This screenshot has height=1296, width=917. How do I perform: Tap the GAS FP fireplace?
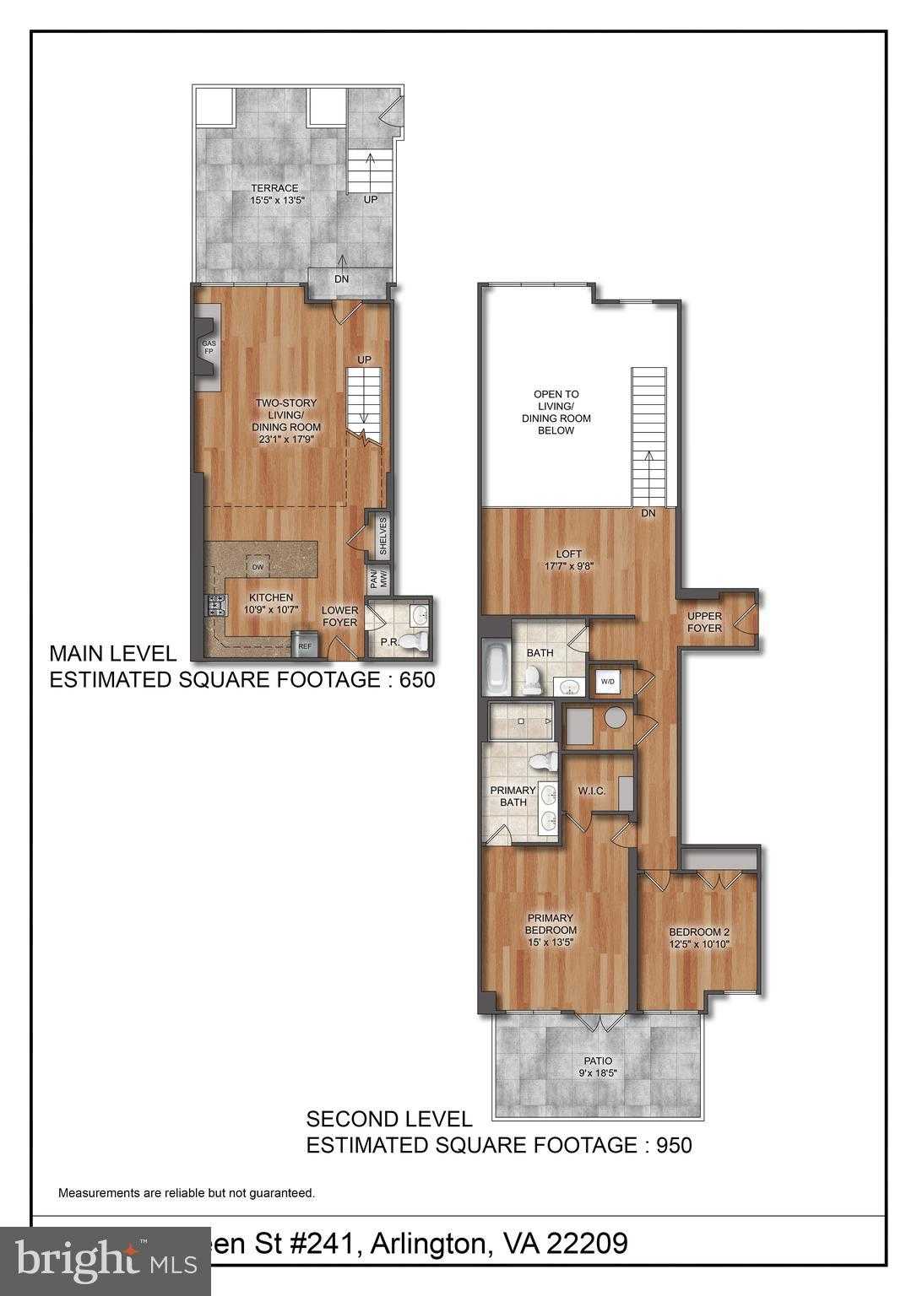[209, 348]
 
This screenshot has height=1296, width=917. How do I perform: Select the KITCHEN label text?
[270, 597]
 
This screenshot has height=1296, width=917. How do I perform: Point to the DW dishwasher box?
[256, 564]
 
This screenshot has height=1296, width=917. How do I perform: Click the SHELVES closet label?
[382, 537]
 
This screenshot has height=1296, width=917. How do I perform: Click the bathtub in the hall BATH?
[495, 667]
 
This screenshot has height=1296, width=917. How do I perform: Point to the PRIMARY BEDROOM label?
[550, 924]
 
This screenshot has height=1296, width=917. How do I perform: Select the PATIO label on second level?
[596, 1061]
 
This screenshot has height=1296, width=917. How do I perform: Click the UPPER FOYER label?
[704, 622]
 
